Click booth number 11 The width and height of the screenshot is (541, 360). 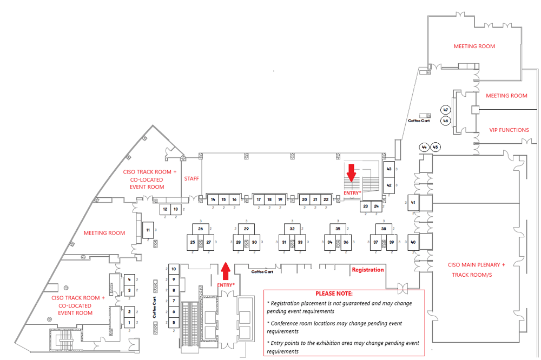click(x=148, y=230)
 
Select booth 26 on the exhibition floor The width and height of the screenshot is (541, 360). click(x=201, y=229)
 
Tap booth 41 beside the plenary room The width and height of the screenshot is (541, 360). click(x=413, y=203)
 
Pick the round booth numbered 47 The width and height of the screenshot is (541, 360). click(x=446, y=110)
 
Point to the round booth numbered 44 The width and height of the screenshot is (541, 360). click(x=424, y=147)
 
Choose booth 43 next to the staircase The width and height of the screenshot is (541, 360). click(x=388, y=169)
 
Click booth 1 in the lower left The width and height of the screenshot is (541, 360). click(x=129, y=323)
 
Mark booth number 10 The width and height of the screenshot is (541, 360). click(x=174, y=269)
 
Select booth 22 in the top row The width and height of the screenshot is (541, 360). click(x=326, y=199)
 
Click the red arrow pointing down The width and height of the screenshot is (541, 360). click(x=351, y=173)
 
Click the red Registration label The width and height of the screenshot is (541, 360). click(x=368, y=269)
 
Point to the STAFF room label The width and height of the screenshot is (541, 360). click(x=192, y=178)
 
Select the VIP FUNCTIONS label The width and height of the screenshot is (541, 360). click(x=509, y=130)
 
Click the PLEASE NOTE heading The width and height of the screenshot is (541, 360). click(x=334, y=294)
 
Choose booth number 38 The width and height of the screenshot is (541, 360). click(x=384, y=229)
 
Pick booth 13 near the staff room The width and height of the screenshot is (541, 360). click(x=175, y=209)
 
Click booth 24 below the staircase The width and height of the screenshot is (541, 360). click(x=376, y=206)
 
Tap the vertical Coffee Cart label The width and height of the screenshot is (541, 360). click(x=154, y=308)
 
